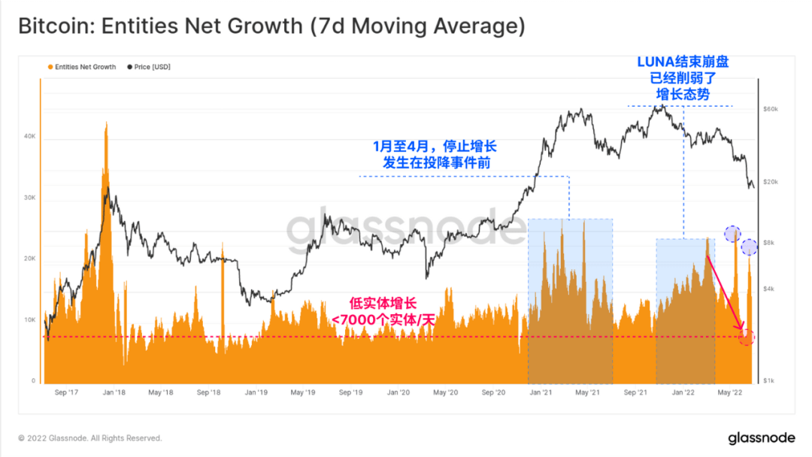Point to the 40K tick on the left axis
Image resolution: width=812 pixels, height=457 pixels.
click(x=30, y=137)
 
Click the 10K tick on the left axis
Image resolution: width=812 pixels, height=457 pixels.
click(x=30, y=320)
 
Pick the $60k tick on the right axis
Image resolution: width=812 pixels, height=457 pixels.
click(x=770, y=110)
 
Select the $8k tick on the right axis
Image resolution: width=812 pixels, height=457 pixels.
click(x=768, y=243)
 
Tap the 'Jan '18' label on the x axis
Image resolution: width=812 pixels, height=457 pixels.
click(x=114, y=392)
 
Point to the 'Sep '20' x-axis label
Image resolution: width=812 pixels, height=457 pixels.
click(x=493, y=392)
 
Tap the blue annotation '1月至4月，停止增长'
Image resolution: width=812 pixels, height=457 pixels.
click(x=435, y=146)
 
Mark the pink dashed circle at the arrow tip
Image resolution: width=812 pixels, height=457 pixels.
click(x=746, y=337)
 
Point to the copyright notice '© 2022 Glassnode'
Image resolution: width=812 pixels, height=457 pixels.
click(x=89, y=438)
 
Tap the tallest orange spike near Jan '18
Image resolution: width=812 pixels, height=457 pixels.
click(x=106, y=128)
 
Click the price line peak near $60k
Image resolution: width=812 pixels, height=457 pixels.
click(x=660, y=107)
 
